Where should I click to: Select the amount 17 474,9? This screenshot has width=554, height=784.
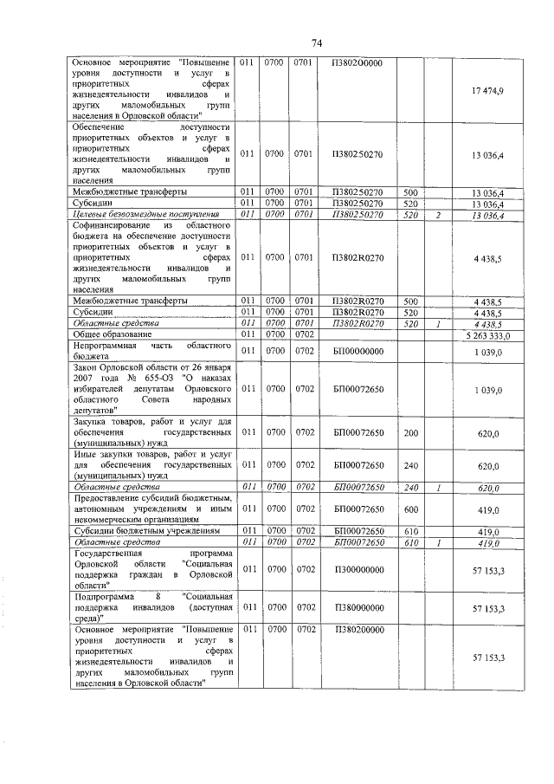(488, 91)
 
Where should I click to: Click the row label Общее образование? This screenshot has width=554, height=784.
(113, 334)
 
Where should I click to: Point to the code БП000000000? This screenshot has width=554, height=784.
(358, 351)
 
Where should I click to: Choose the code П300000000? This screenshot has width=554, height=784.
(358, 573)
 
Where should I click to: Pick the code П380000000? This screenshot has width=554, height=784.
(358, 609)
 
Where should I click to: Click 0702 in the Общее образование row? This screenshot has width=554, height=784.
(303, 334)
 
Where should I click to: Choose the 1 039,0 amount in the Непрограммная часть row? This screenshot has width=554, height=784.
(488, 351)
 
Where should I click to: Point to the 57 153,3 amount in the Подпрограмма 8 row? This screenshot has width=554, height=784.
(488, 609)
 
